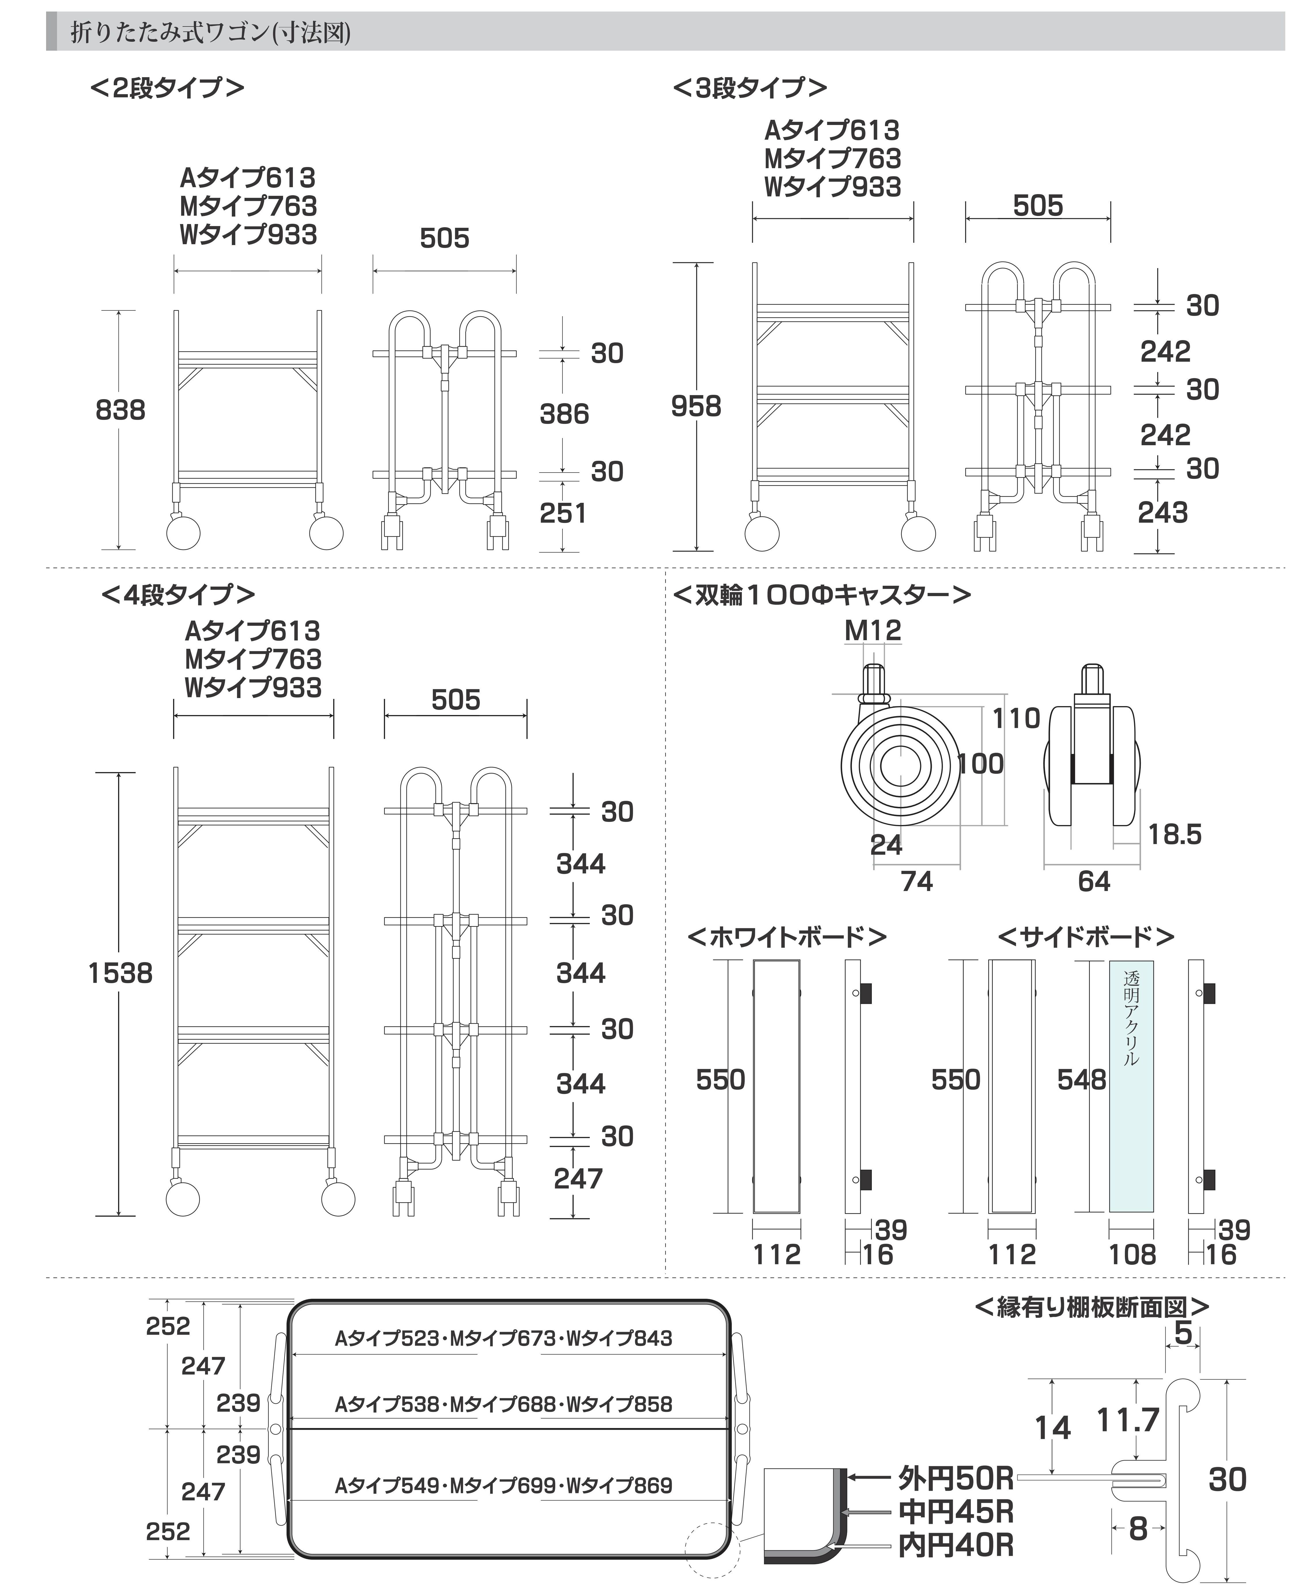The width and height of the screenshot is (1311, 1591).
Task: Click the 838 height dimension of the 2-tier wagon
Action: click(x=120, y=410)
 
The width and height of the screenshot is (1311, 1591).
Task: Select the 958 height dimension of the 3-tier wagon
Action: click(x=696, y=406)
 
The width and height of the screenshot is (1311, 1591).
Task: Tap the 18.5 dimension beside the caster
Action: click(x=1174, y=835)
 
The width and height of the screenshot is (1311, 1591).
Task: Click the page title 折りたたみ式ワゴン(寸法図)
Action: click(x=211, y=33)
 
